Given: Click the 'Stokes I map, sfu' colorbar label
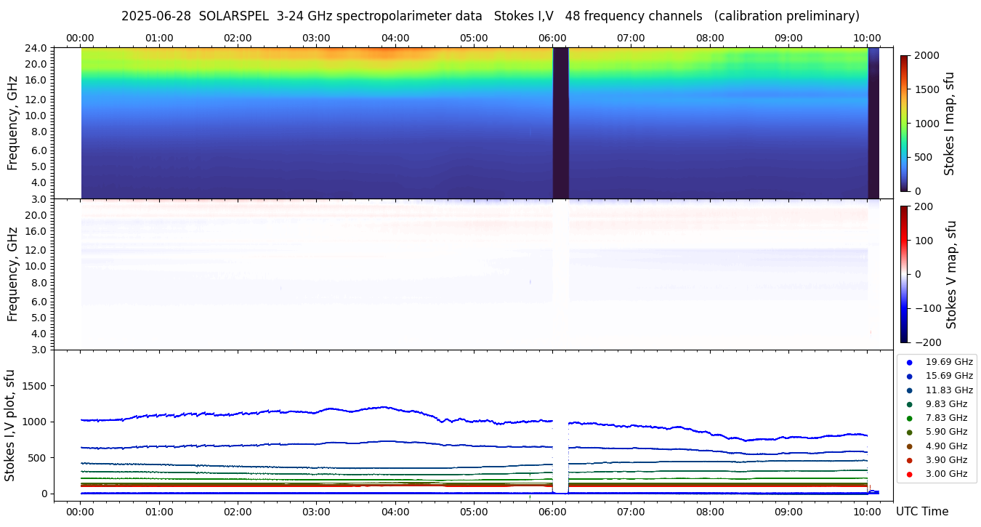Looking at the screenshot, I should click(x=949, y=124).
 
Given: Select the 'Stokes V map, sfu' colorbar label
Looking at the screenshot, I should click(x=951, y=275).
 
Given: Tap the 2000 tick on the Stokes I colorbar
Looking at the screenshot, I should click(x=926, y=55).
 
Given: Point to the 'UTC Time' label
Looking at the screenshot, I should click(x=921, y=512).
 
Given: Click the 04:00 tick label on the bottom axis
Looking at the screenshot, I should click(x=395, y=512).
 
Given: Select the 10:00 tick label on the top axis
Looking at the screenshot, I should click(x=867, y=38).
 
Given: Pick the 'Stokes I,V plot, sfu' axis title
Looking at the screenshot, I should click(x=10, y=425).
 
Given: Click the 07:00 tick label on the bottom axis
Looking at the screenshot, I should click(x=631, y=512).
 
